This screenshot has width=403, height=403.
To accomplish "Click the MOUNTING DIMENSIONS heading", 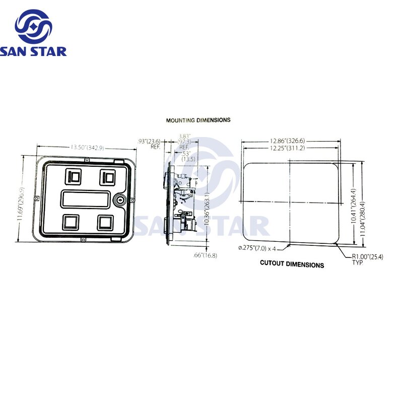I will (x=198, y=120).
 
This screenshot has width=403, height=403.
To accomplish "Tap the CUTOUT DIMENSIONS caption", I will (x=292, y=264).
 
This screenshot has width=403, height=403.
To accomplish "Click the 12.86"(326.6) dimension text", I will (x=287, y=141).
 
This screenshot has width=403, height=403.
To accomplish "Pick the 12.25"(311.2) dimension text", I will (x=287, y=148).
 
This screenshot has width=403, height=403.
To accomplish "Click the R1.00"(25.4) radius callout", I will (x=367, y=257).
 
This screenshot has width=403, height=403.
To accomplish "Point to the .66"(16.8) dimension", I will (x=205, y=255).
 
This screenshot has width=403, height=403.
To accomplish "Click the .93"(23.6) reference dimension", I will (x=150, y=142).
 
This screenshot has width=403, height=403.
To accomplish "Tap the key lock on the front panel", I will (x=120, y=199).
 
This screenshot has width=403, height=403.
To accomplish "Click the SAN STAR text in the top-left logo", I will (x=33, y=51).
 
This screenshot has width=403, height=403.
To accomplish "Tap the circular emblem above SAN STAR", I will (x=33, y=25).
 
